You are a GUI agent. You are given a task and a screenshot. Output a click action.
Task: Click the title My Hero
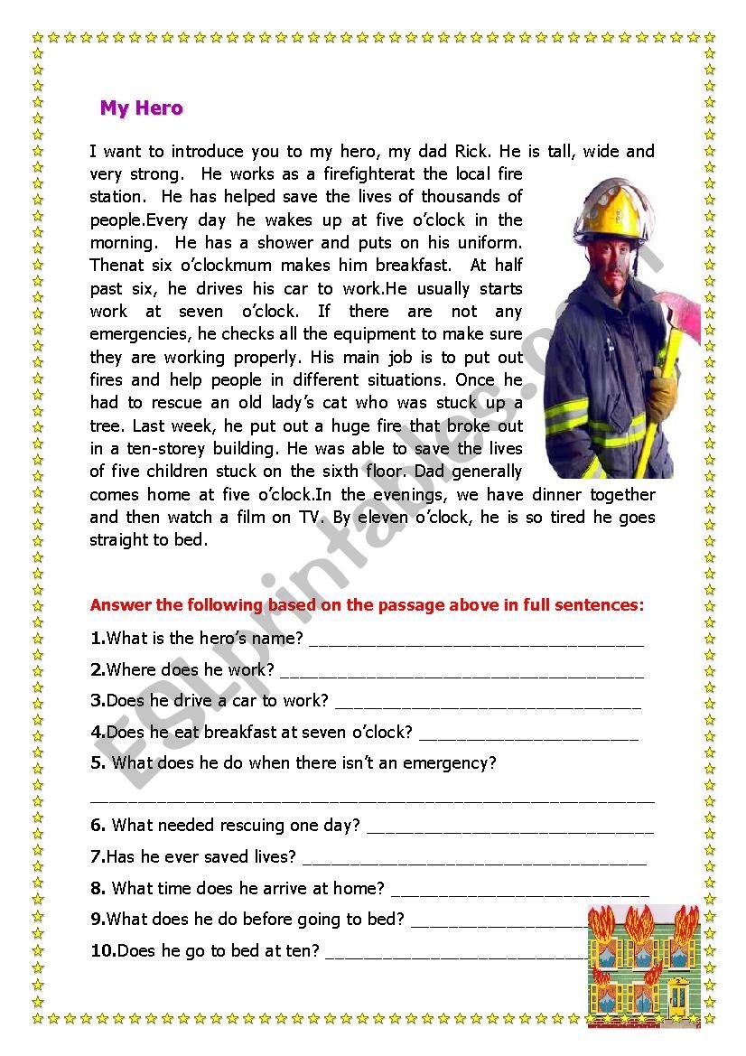point(141,108)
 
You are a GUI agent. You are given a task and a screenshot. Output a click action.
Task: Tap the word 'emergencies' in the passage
point(135,335)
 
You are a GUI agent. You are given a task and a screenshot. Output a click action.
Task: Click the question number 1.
point(98,639)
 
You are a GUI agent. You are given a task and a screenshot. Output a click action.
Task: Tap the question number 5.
point(98,763)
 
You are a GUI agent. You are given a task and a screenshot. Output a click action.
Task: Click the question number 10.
point(102,950)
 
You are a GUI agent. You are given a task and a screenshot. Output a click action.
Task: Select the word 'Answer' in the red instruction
point(120,605)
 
